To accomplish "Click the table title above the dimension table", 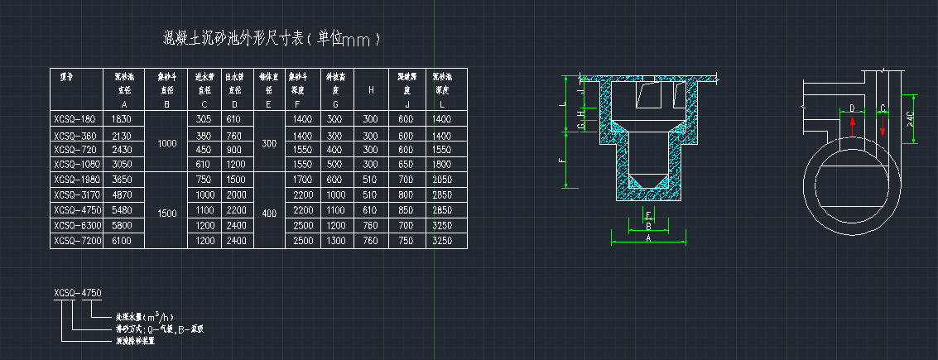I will (x=270, y=38).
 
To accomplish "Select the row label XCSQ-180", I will (x=74, y=120).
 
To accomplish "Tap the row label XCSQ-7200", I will (x=75, y=241).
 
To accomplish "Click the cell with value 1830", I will (x=123, y=120).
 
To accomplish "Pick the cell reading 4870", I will (x=123, y=195).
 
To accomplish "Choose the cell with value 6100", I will (x=123, y=241).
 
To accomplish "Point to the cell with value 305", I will (x=204, y=120).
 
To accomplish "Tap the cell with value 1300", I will (x=334, y=241).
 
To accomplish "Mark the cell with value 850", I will (x=406, y=210).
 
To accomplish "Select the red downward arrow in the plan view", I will (x=883, y=127).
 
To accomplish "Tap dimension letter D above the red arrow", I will (x=852, y=108).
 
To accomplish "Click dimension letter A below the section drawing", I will (x=649, y=237).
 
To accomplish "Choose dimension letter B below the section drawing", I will (x=648, y=225).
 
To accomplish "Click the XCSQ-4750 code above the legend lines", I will (x=77, y=293).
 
